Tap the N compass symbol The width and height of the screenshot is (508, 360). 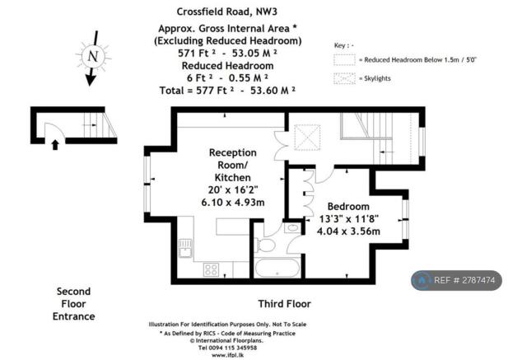[92, 56]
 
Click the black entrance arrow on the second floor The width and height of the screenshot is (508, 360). [54, 144]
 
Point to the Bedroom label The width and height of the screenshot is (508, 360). [348, 206]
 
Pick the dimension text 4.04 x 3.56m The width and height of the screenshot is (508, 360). [348, 231]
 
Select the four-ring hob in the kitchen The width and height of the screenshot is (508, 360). [211, 269]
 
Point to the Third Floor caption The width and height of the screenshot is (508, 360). [283, 303]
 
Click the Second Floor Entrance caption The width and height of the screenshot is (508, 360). [75, 303]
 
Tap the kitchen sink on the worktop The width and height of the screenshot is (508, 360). [185, 245]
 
